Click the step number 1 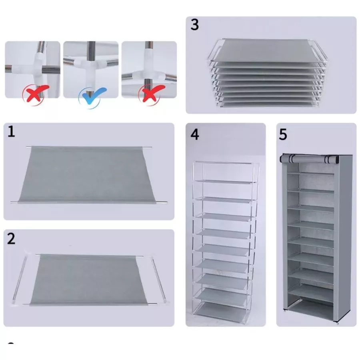[11, 132]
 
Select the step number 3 [194, 24]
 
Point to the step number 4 [195, 134]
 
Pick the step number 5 [283, 134]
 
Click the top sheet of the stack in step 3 [268, 50]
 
